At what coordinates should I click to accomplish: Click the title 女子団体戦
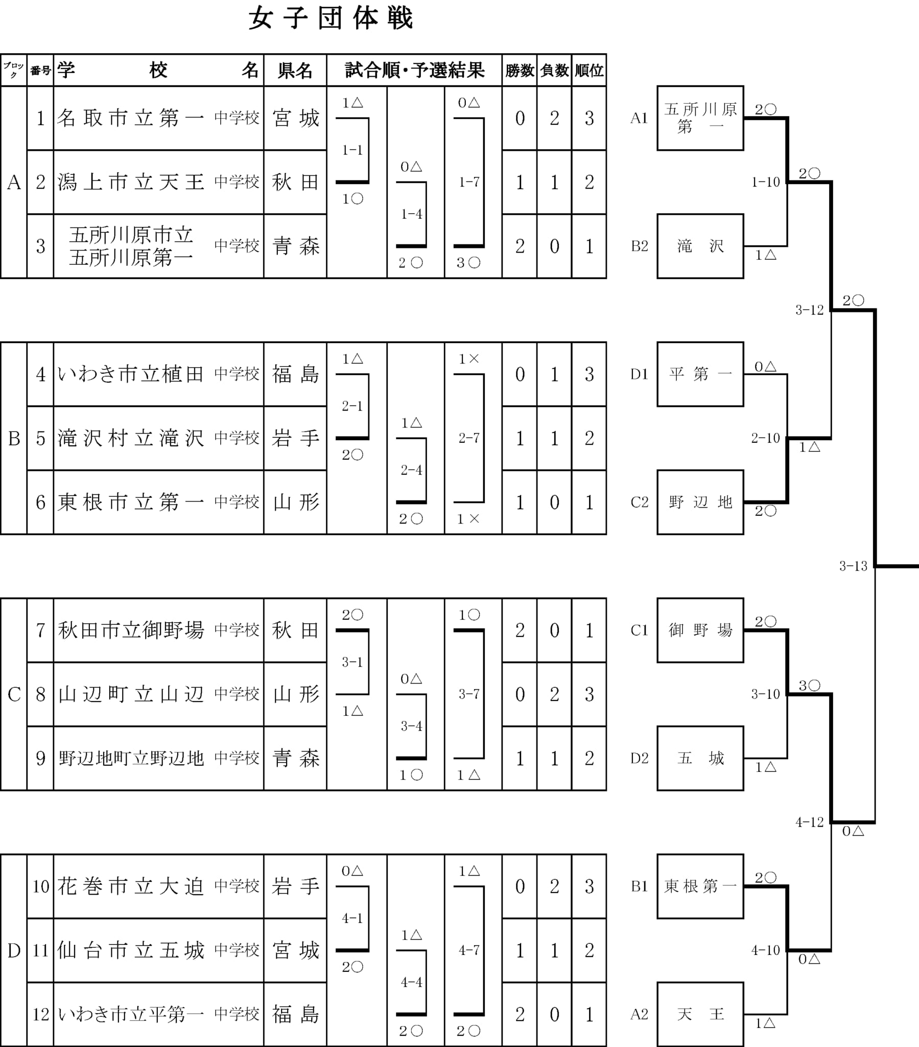331,19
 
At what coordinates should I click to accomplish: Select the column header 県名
295,70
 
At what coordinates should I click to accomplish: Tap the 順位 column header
589,70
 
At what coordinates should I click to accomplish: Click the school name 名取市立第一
131,118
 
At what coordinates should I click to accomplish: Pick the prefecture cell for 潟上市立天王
295,182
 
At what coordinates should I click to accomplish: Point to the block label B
14,439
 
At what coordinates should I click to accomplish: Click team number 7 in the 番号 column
40,630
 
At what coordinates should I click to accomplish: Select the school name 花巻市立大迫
131,886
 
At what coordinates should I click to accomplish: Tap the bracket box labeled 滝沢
700,246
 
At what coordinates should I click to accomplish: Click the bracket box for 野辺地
700,503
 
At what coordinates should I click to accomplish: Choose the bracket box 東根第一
700,886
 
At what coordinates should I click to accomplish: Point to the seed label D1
640,374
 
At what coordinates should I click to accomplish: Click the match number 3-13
854,566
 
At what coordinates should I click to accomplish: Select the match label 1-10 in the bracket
765,182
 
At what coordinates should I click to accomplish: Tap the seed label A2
640,1014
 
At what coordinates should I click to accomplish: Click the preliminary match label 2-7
469,438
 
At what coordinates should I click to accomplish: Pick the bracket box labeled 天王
700,1014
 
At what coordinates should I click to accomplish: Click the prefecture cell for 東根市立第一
295,503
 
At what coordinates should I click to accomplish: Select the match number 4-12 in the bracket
810,822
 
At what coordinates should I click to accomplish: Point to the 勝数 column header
520,70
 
